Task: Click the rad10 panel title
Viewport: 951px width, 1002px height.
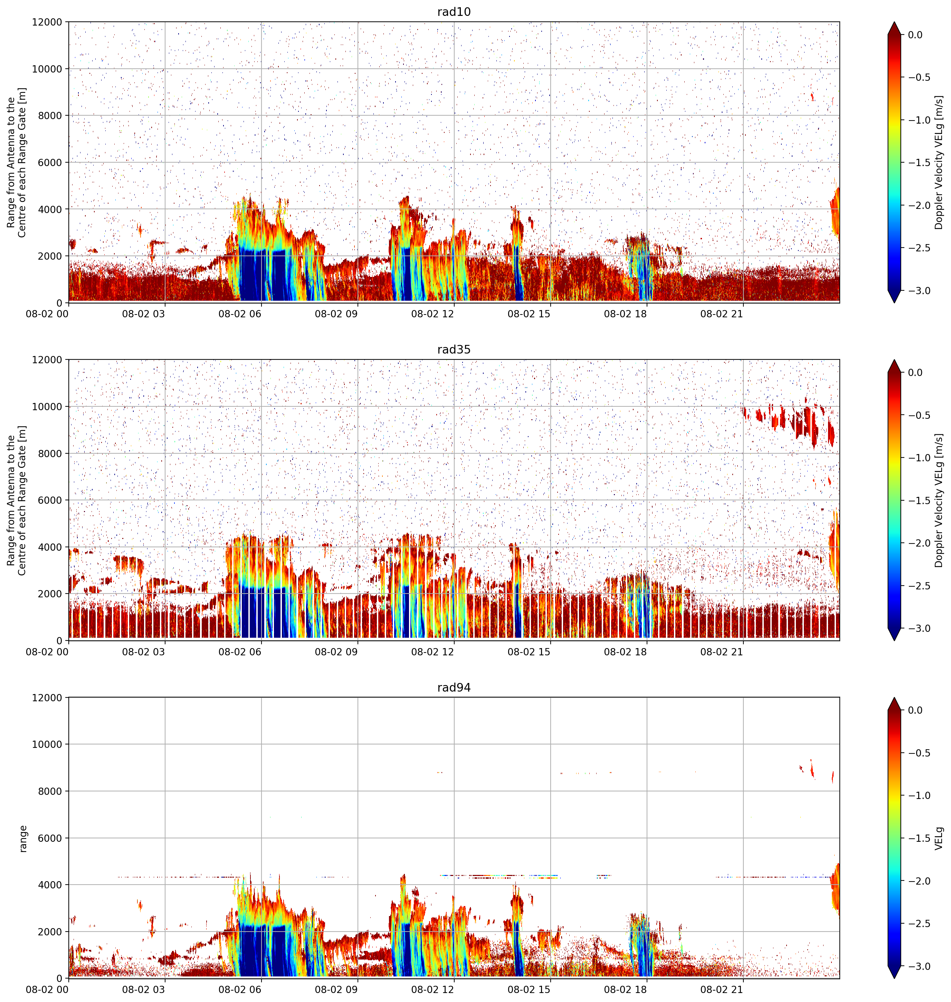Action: tap(454, 12)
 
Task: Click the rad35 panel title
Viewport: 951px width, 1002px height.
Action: tap(454, 349)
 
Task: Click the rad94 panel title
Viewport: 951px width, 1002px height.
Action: tap(454, 687)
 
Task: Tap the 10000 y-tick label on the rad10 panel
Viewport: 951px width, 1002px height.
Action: tap(47, 69)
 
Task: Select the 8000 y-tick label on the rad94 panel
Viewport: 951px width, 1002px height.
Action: tap(50, 791)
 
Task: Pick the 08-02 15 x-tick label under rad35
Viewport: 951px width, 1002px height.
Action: tap(529, 652)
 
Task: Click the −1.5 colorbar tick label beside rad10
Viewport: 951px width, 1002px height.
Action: tap(919, 163)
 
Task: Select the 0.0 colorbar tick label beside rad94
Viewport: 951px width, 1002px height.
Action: tap(915, 710)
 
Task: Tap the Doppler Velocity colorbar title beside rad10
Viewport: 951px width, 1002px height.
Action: tap(939, 163)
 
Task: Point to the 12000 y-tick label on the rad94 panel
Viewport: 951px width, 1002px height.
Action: tap(47, 697)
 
